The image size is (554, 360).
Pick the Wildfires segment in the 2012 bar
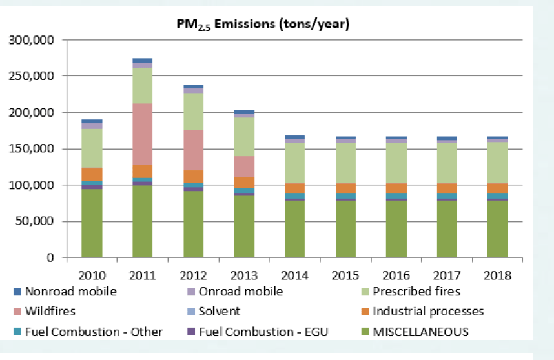pos(194,150)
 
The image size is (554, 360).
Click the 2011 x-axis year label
pos(143,275)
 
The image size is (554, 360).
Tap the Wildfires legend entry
pos(50,312)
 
